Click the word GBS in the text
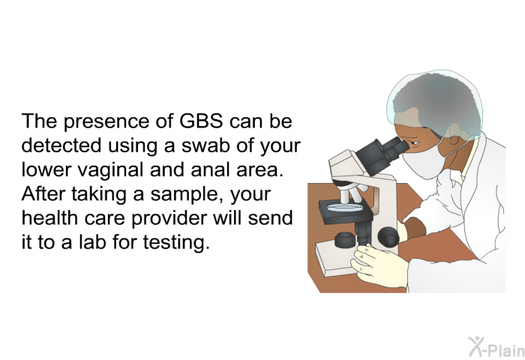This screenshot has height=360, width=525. click(x=201, y=121)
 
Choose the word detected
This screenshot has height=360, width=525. click(x=61, y=145)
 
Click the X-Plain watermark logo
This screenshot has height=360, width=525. click(x=496, y=347)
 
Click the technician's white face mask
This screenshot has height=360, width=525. click(x=424, y=162)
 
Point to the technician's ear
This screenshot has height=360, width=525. click(x=454, y=131)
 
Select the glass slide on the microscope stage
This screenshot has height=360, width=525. click(x=344, y=208)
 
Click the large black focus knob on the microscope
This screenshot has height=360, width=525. click(x=388, y=237)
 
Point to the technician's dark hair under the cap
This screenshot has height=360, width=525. click(x=436, y=103)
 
